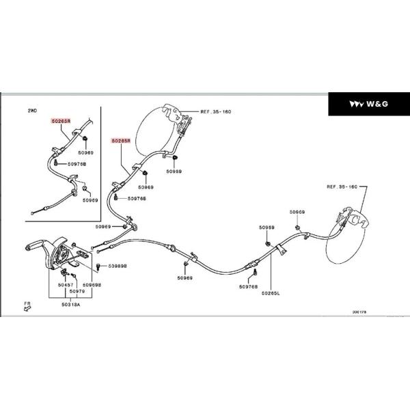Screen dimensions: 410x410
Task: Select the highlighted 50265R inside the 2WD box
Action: pyautogui.click(x=61, y=120)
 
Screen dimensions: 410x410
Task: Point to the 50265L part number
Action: pyautogui.click(x=270, y=292)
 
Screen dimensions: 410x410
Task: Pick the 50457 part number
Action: pyautogui.click(x=66, y=284)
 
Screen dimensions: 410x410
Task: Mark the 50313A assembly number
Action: pyautogui.click(x=70, y=305)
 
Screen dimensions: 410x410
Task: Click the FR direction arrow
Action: pyautogui.click(x=26, y=305)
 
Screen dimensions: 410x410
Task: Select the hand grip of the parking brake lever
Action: pyautogui.click(x=35, y=246)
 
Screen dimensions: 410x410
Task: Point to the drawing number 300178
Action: pyautogui.click(x=359, y=312)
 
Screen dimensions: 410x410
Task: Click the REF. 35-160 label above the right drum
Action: pyautogui.click(x=342, y=186)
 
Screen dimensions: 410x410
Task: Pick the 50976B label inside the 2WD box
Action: pyautogui.click(x=75, y=164)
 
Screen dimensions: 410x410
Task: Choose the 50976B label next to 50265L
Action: pyautogui.click(x=248, y=287)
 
